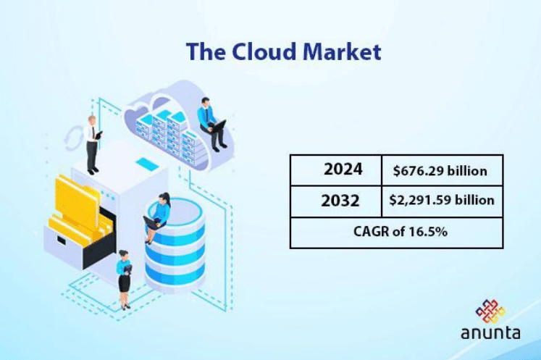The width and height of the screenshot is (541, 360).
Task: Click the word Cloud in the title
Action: point(254,52)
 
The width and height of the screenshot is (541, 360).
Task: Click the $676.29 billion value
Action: point(440,171)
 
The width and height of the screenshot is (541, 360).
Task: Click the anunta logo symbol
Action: point(490,312)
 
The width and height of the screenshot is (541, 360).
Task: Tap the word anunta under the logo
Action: point(490,334)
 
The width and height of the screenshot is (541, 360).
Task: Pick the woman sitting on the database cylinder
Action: point(159,217)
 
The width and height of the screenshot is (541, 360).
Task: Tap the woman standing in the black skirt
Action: point(124,279)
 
